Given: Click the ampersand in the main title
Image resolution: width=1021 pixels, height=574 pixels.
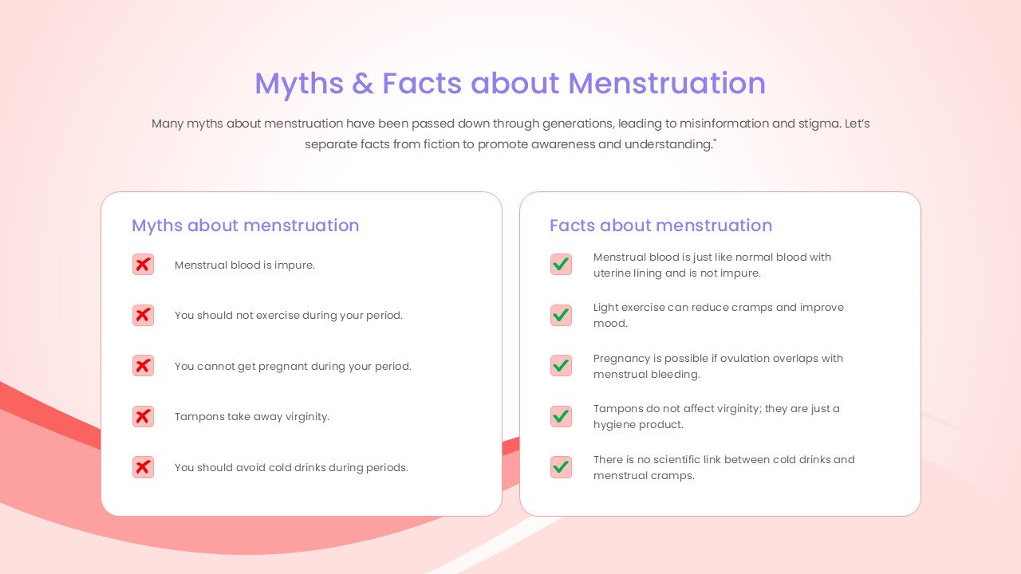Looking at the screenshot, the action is click(x=362, y=84).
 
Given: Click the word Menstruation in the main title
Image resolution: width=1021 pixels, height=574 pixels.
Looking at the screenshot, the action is click(x=666, y=84).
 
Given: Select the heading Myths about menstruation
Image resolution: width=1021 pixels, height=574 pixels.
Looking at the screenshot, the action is click(x=245, y=226).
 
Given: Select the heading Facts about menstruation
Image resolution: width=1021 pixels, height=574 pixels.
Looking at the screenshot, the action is click(x=660, y=226).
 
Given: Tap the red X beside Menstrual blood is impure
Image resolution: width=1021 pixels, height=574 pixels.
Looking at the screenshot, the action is click(x=143, y=264).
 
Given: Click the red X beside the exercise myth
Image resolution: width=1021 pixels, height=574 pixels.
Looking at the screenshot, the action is click(x=143, y=315).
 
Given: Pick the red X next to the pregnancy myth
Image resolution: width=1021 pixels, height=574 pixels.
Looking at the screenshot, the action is click(x=143, y=366).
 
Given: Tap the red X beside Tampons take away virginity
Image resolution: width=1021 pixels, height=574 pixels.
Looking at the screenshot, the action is click(x=143, y=416).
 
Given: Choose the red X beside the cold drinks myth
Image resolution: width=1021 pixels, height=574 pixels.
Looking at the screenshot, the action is click(x=143, y=467).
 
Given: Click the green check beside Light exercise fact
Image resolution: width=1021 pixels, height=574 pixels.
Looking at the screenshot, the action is click(x=561, y=315).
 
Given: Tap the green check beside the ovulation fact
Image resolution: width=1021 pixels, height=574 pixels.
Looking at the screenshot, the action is click(x=561, y=366).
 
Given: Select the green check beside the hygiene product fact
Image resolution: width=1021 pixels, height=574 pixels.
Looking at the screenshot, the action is click(x=561, y=416).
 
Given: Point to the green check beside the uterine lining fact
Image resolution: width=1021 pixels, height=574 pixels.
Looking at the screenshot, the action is click(x=561, y=264).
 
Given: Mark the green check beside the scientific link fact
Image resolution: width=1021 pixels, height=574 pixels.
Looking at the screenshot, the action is click(x=561, y=467).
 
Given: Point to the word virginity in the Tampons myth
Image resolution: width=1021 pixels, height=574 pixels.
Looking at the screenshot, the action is click(x=307, y=417).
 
